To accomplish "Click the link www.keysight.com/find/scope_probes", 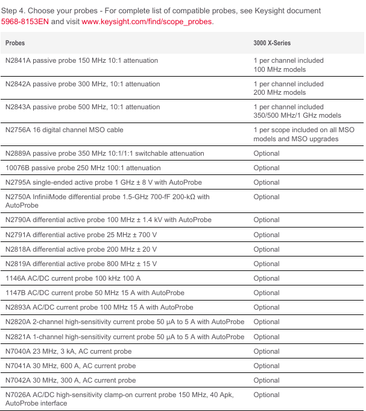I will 147,22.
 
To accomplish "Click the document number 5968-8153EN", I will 25,22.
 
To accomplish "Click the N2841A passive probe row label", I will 81,60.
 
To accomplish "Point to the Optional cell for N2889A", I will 267,153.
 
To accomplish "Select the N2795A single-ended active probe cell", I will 103,182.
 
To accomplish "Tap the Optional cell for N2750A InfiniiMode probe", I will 267,197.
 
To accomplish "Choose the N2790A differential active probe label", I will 108,220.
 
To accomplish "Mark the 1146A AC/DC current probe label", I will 74,278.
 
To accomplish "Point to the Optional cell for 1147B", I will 267,293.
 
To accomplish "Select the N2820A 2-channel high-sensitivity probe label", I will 124,322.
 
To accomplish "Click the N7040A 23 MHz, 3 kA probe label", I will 68,351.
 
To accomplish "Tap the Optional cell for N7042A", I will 267,380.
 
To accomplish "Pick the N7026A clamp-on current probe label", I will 119,395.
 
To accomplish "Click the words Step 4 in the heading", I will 14,11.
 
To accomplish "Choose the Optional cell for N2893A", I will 267,307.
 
